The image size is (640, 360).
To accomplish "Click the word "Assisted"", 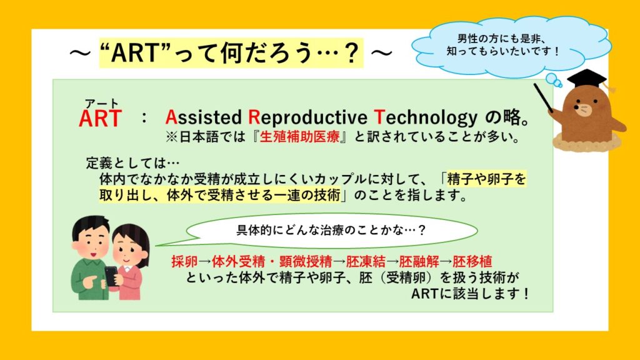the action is [x=203, y=117].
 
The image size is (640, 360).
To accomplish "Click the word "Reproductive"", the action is [x=307, y=118].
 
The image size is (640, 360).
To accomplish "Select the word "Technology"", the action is [x=426, y=118].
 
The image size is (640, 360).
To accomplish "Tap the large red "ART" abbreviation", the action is [x=100, y=119].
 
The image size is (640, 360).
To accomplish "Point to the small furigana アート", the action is [x=101, y=104].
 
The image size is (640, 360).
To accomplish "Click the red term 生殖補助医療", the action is [x=299, y=137].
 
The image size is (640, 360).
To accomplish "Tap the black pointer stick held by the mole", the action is [x=544, y=98].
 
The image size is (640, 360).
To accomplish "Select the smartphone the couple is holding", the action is [x=111, y=276].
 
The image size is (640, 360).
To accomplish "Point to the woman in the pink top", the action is [x=131, y=262].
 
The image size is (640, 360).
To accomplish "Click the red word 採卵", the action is [x=184, y=261].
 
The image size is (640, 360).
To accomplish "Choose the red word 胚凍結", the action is [x=366, y=261].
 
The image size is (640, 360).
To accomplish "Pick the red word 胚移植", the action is [x=472, y=261].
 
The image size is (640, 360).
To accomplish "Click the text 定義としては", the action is [x=126, y=163].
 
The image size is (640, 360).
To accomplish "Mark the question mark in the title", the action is [x=351, y=53].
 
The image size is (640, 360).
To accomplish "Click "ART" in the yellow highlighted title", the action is [x=134, y=53].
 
